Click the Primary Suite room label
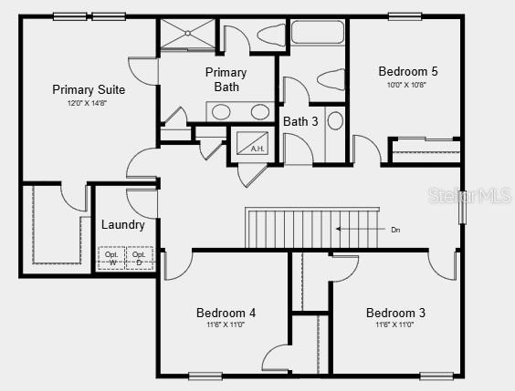point(89,89)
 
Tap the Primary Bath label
point(226,79)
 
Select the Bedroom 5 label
point(408,70)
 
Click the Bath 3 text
point(300,121)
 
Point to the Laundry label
point(122,224)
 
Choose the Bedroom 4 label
point(226,313)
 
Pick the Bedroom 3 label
point(395,313)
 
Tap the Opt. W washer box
point(112,259)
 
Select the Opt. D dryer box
point(138,259)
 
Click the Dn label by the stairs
point(395,230)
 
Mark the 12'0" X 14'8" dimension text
point(89,103)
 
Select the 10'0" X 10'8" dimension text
point(407,84)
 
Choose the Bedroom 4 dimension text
point(226,325)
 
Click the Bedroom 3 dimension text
point(395,325)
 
